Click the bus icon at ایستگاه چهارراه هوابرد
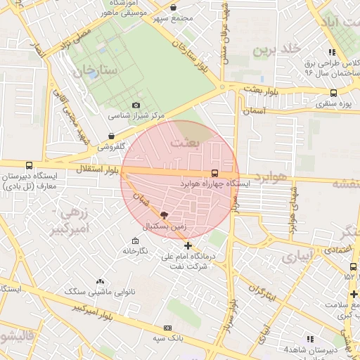214,173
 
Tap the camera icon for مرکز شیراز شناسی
136,105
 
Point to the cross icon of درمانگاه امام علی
188,245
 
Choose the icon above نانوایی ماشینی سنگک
100,281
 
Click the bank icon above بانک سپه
167,328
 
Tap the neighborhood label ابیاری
295,257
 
